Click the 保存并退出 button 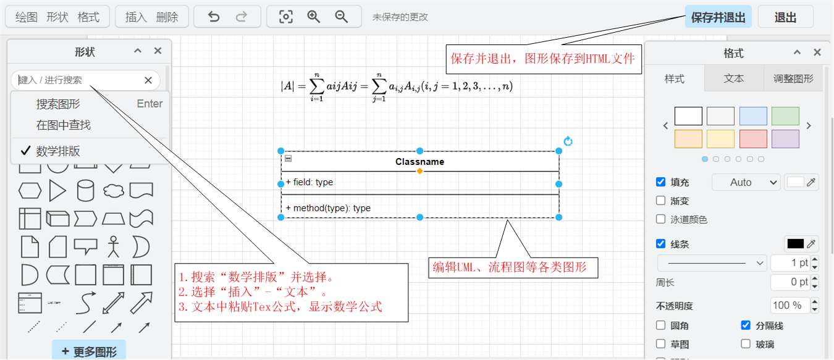[718, 17]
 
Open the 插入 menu [136, 17]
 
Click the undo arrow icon [214, 17]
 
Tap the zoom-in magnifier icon [314, 17]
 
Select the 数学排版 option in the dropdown [58, 151]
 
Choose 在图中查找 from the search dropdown [63, 125]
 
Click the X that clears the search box [148, 80]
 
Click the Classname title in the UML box [419, 162]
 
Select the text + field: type [310, 182]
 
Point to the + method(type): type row [328, 208]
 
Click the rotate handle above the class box [568, 141]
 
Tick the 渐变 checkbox [661, 201]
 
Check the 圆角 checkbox [661, 325]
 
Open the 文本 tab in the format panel [734, 78]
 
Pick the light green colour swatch [785, 116]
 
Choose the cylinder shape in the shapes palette [85, 191]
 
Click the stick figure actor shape [112, 246]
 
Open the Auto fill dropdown [746, 182]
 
